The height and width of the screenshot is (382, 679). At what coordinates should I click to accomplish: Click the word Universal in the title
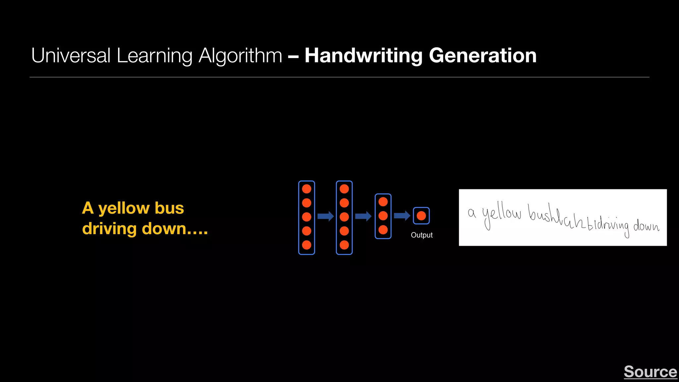(x=71, y=55)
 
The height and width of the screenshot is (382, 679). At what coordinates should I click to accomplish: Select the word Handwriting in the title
(x=363, y=55)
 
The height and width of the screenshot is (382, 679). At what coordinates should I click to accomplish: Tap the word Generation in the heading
(x=483, y=55)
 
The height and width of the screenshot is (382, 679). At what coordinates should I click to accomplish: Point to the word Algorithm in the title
(x=240, y=55)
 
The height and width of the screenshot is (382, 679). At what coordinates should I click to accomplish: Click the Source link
(x=650, y=372)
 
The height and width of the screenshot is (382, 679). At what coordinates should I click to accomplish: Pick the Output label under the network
(x=422, y=235)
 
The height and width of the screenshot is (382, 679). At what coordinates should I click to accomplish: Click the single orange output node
(x=421, y=216)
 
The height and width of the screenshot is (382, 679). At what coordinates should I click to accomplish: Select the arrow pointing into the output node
(x=402, y=216)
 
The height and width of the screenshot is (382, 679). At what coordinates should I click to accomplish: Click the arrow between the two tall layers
(x=326, y=217)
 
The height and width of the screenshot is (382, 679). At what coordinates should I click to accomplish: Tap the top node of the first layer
(x=307, y=189)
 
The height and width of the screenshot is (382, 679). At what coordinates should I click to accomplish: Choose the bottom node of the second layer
(x=344, y=245)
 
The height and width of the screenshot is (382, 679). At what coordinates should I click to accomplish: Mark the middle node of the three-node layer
(x=383, y=216)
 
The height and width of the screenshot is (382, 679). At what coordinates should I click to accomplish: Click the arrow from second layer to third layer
(x=363, y=217)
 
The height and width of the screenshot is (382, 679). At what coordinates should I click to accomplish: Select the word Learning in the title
(x=154, y=55)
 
